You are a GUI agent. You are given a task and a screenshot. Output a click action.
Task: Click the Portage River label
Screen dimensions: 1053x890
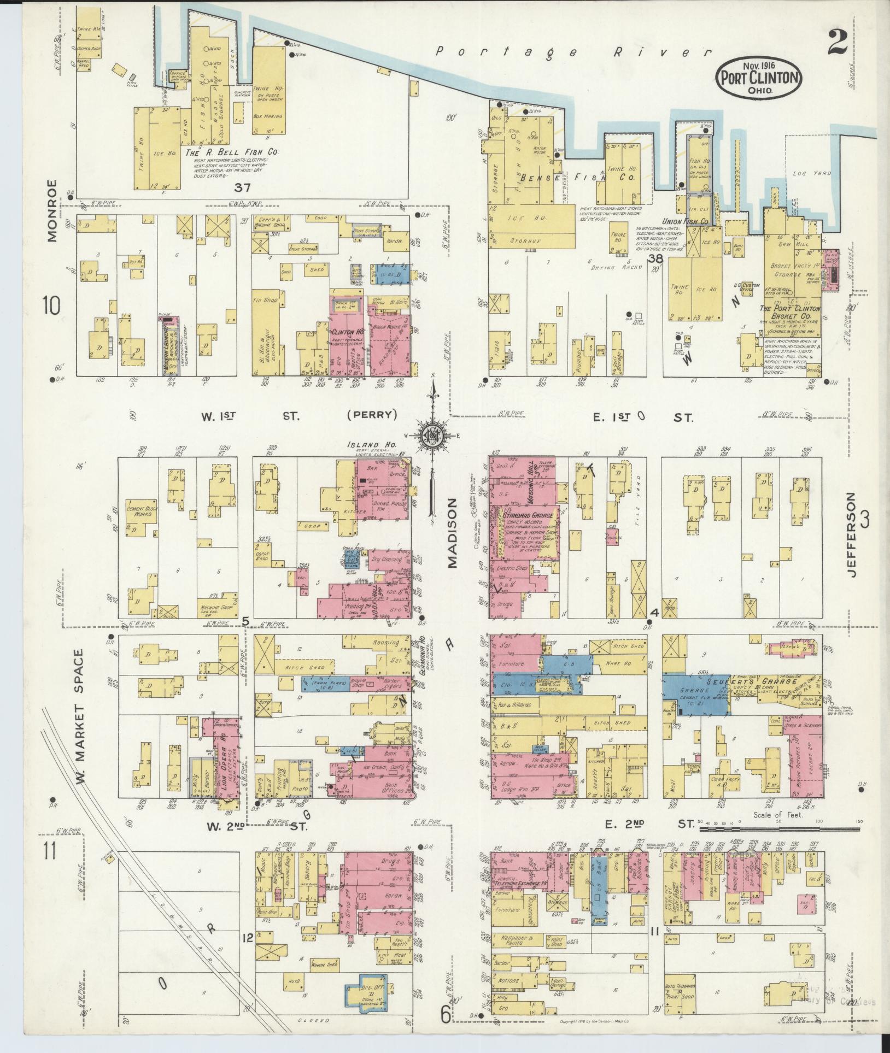click(574, 52)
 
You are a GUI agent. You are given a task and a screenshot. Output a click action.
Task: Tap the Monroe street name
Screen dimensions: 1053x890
click(52, 210)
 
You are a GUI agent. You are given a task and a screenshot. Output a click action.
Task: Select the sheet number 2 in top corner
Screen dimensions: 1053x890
click(838, 42)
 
